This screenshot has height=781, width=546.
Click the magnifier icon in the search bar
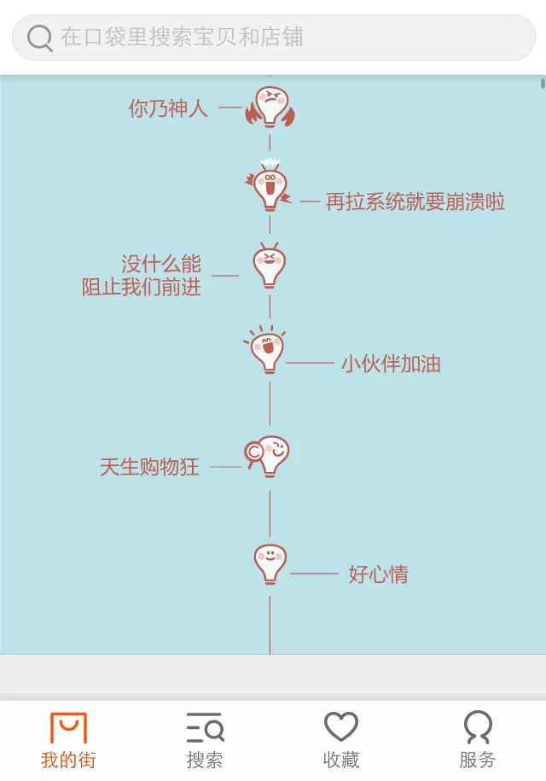40,38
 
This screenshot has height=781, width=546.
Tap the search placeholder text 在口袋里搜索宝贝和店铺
183,38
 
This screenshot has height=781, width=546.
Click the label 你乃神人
168,108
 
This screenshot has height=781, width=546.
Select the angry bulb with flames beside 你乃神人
270,107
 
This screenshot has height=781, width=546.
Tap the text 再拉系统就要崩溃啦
415,201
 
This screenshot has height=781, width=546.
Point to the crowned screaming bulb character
269,184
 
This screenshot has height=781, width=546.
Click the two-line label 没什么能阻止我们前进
142,275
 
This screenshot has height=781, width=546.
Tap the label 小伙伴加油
391,364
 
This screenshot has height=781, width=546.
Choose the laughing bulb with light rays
266,349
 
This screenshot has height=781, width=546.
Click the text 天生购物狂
149,467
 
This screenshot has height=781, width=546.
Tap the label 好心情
378,574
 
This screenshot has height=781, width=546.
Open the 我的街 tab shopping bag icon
69,727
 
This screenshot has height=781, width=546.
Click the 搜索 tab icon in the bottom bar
205,727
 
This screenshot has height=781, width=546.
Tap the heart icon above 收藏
341,726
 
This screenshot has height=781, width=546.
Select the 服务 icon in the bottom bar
478,726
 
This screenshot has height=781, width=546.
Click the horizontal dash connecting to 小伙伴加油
310,364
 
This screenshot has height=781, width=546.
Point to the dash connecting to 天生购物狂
226,467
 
